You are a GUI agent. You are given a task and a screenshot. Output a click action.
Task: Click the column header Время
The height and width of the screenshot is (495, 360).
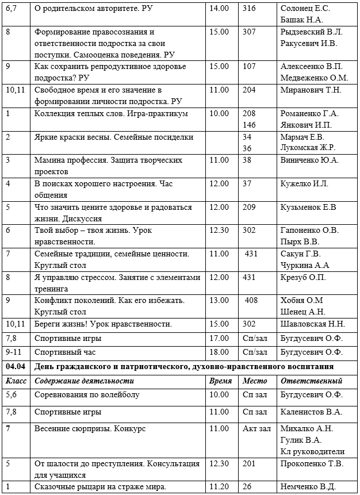221,381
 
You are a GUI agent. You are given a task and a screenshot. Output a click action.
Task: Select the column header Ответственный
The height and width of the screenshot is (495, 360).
311,381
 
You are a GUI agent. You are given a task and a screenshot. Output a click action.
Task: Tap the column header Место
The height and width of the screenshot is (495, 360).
255,381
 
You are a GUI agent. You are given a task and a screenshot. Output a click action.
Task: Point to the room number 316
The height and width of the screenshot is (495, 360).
249,8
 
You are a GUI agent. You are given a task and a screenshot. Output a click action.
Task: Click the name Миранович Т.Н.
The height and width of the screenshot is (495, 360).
311,90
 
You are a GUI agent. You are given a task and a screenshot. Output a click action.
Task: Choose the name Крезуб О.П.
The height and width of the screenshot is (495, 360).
303,277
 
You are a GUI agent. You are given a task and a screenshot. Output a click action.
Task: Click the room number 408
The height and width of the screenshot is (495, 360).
251,300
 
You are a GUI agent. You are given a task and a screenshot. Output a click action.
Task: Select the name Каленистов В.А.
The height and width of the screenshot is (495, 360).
311,412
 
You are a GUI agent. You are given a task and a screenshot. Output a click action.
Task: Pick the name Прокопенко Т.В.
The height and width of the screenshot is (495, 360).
312,463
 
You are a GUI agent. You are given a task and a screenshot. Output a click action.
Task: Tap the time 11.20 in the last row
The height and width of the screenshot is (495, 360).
219,487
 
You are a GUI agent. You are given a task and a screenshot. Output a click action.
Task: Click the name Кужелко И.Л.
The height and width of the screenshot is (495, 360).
304,183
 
